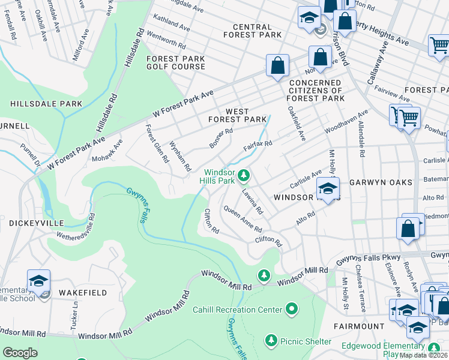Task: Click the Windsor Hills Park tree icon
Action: pyautogui.click(x=244, y=175)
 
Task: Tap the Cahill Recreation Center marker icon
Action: pyautogui.click(x=292, y=310)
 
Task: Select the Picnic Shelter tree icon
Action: pyautogui.click(x=271, y=341)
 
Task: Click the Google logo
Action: pyautogui.click(x=20, y=352)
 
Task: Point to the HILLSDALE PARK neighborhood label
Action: pyautogui.click(x=46, y=104)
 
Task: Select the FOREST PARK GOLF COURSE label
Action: pyautogui.click(x=176, y=62)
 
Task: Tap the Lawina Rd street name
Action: pyautogui.click(x=253, y=202)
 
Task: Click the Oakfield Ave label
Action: pyautogui.click(x=297, y=123)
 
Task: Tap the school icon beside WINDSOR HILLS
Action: pyautogui.click(x=327, y=188)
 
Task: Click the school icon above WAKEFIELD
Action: pyautogui.click(x=38, y=281)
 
